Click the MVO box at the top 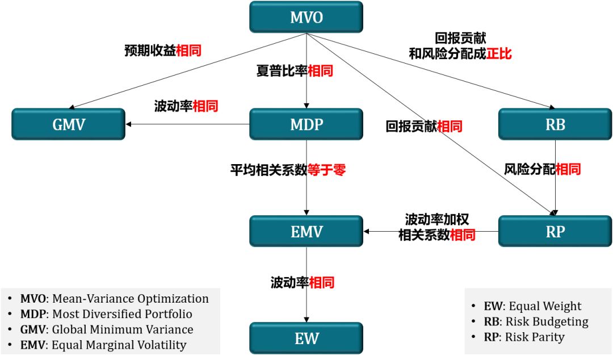pos(306,17)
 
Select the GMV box pos(69,124)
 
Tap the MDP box pos(306,124)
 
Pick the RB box pos(555,124)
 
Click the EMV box pos(306,231)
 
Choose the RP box pos(555,231)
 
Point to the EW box pos(306,338)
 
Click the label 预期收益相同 pos(163,51)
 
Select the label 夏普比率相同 pos(294,71)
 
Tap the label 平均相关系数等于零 pos(287,169)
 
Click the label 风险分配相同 pos(542,169)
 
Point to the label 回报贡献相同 pos(423,126)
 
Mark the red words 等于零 pos(326,169)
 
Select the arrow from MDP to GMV pos(187,124)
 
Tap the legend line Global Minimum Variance pos(107,329)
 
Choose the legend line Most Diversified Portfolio pos(106,314)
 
